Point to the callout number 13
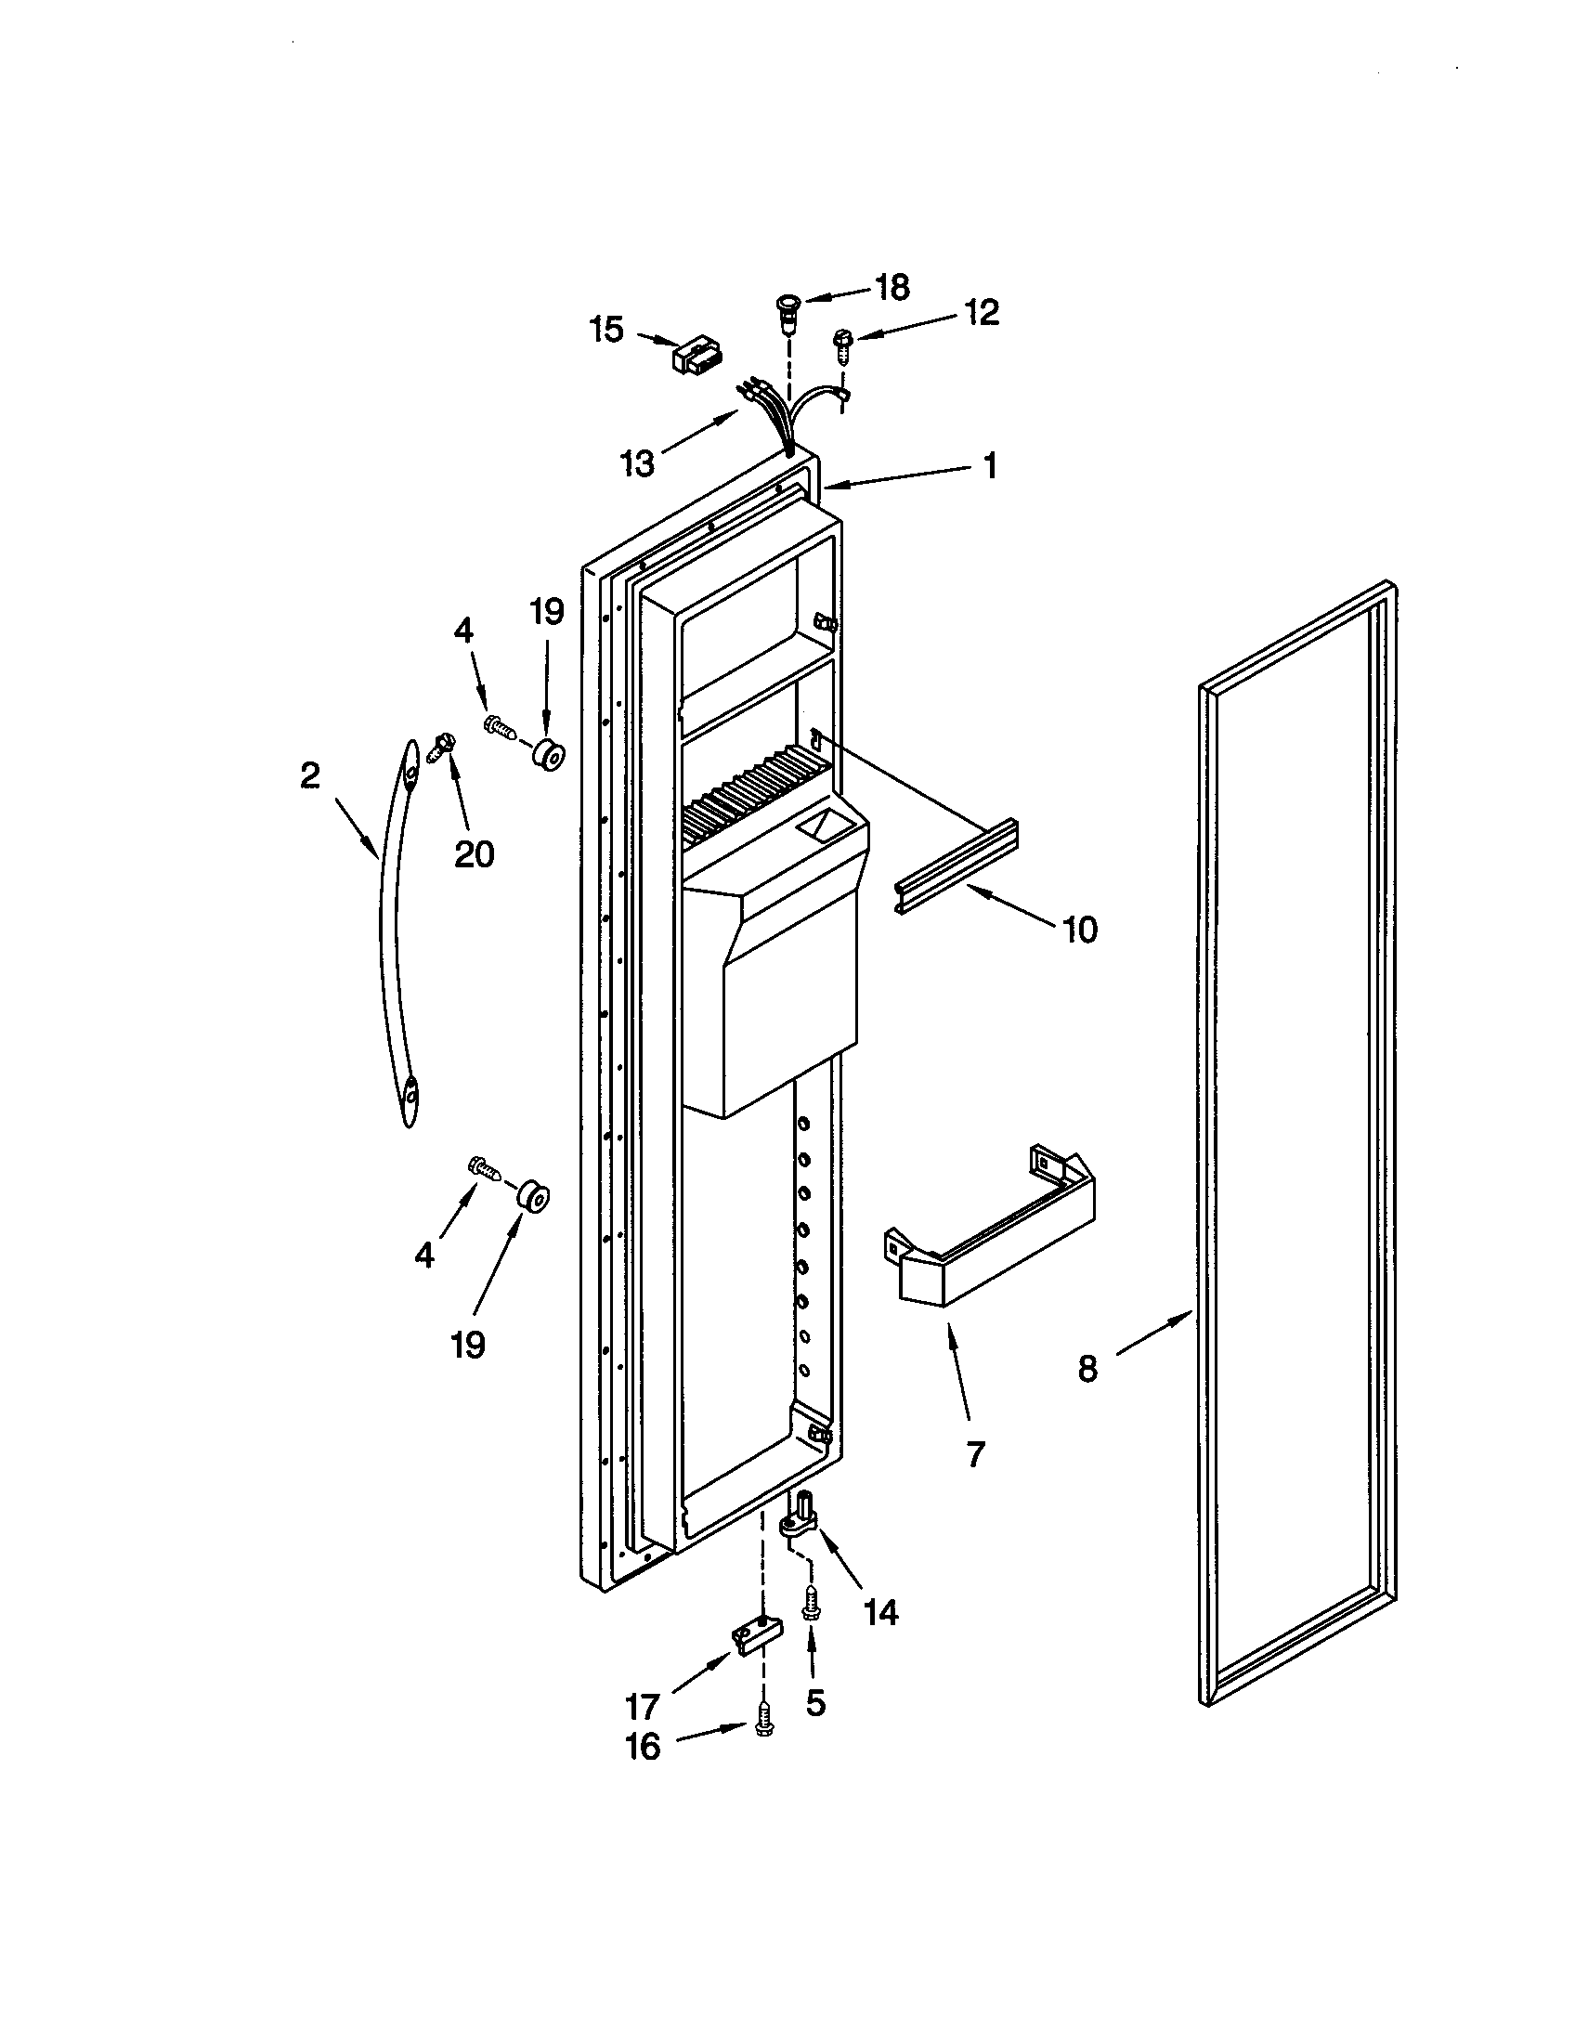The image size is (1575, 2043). (639, 463)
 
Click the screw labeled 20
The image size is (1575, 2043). (439, 748)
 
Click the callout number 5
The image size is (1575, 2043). (815, 1703)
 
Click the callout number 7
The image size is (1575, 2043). (975, 1454)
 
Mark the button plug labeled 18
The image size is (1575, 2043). (787, 309)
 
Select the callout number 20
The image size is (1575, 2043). (475, 853)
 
